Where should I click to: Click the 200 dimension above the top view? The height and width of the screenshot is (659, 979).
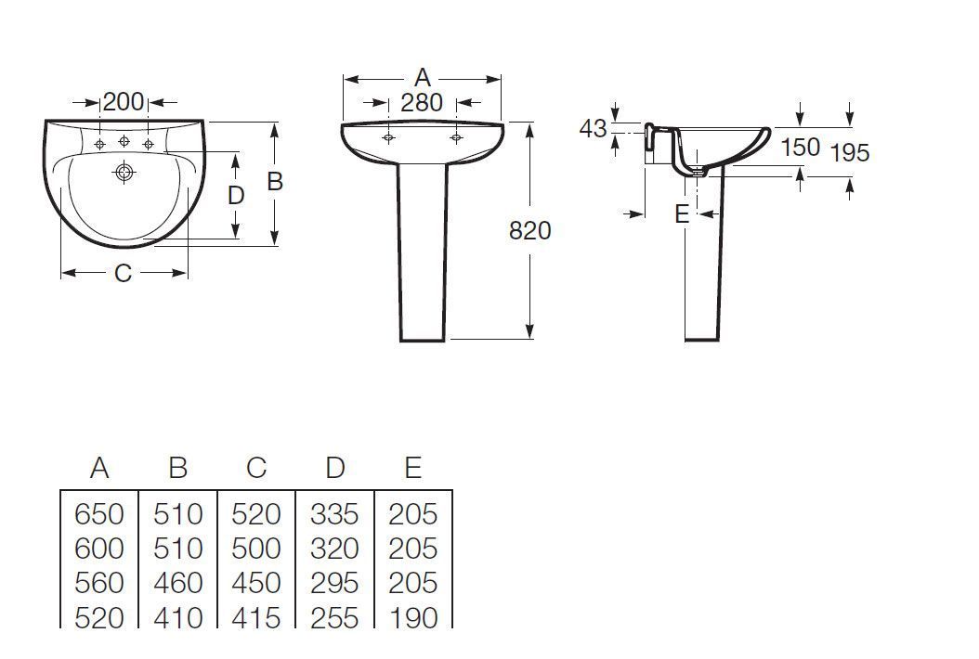coord(123,102)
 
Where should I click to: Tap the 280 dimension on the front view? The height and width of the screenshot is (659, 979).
coord(422,103)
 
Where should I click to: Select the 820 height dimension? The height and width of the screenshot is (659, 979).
coord(530,231)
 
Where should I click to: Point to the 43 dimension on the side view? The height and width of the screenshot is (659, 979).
coord(593,129)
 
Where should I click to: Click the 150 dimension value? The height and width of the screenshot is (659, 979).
coord(801,148)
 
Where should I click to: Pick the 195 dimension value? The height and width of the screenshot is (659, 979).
coord(850,152)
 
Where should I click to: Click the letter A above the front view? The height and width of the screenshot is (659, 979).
coord(423,78)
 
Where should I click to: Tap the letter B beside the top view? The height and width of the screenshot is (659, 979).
coord(275,182)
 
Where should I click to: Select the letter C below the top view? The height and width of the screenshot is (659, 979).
coord(123,273)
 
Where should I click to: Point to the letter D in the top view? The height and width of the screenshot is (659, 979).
coord(235,196)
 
